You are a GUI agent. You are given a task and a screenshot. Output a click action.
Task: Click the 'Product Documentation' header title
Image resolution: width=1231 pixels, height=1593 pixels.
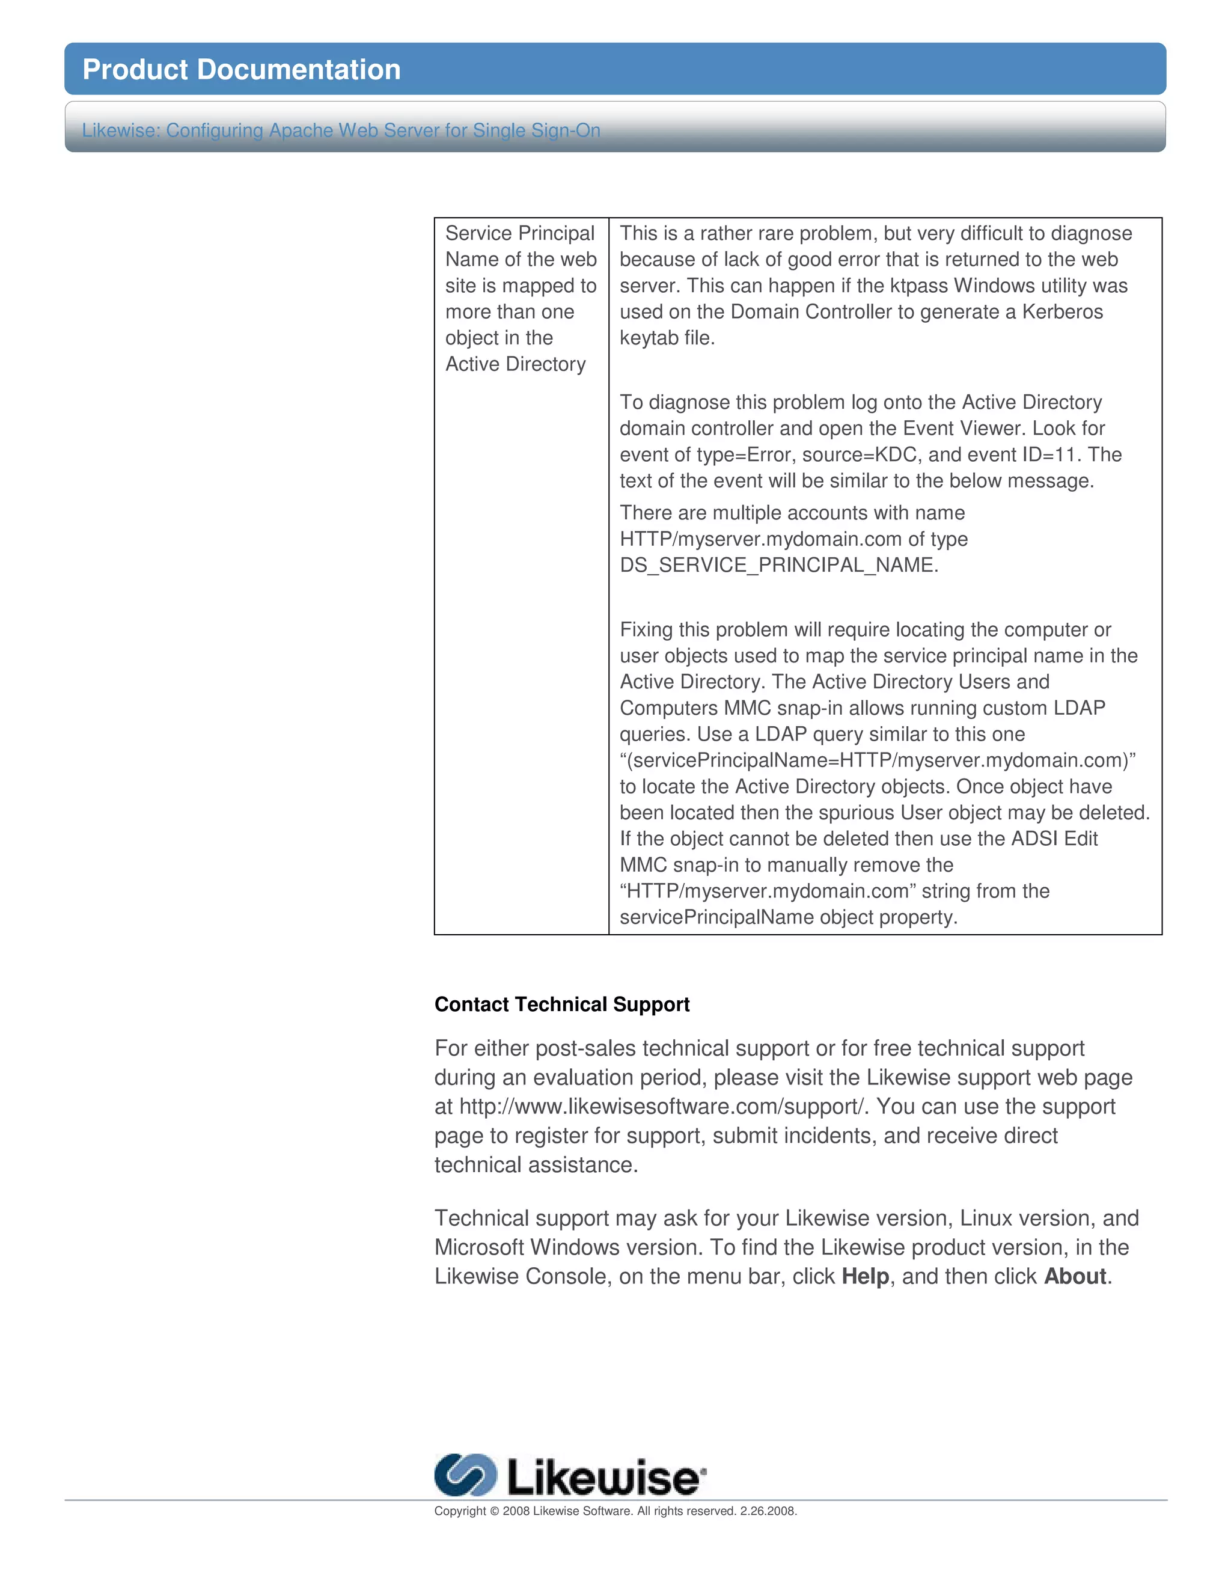click(242, 70)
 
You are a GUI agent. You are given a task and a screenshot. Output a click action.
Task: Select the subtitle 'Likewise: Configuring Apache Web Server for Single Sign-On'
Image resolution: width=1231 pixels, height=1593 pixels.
click(341, 130)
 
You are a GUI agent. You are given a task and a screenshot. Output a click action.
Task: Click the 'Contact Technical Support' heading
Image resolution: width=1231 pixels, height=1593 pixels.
click(561, 1004)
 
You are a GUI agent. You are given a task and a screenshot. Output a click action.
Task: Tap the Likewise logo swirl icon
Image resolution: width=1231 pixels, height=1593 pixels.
click(465, 1475)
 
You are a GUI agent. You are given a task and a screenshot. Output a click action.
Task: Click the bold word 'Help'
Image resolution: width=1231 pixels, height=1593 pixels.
click(865, 1276)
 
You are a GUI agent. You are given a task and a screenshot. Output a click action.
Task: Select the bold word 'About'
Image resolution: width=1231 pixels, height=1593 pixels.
click(1075, 1276)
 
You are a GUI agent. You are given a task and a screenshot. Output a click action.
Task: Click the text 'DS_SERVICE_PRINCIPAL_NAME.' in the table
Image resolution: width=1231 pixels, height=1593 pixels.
click(779, 565)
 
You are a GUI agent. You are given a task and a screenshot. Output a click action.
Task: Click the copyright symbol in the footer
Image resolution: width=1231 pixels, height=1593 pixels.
click(493, 1511)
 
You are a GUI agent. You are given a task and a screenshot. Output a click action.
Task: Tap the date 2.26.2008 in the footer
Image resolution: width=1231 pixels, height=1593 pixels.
click(767, 1511)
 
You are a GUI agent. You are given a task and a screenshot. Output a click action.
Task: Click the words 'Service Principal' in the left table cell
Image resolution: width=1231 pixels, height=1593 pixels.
click(520, 233)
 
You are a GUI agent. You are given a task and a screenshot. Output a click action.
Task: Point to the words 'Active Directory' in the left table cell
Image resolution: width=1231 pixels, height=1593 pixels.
click(515, 364)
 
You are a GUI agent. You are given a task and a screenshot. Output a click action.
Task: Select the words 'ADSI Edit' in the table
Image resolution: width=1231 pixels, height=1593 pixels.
click(1054, 839)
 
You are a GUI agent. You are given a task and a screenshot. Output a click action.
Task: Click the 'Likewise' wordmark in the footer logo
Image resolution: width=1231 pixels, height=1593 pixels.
click(602, 1478)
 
